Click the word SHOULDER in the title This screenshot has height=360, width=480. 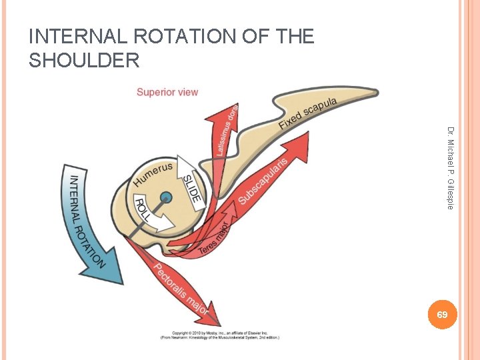pos(85,61)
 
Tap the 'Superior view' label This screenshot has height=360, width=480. pos(167,92)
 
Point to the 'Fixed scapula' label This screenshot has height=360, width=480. pos(308,113)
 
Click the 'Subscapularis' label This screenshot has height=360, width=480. pos(263,180)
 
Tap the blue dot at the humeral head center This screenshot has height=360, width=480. pos(166,197)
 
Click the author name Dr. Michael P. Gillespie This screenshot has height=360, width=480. pos(450,168)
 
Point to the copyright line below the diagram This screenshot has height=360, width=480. pos(219,335)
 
